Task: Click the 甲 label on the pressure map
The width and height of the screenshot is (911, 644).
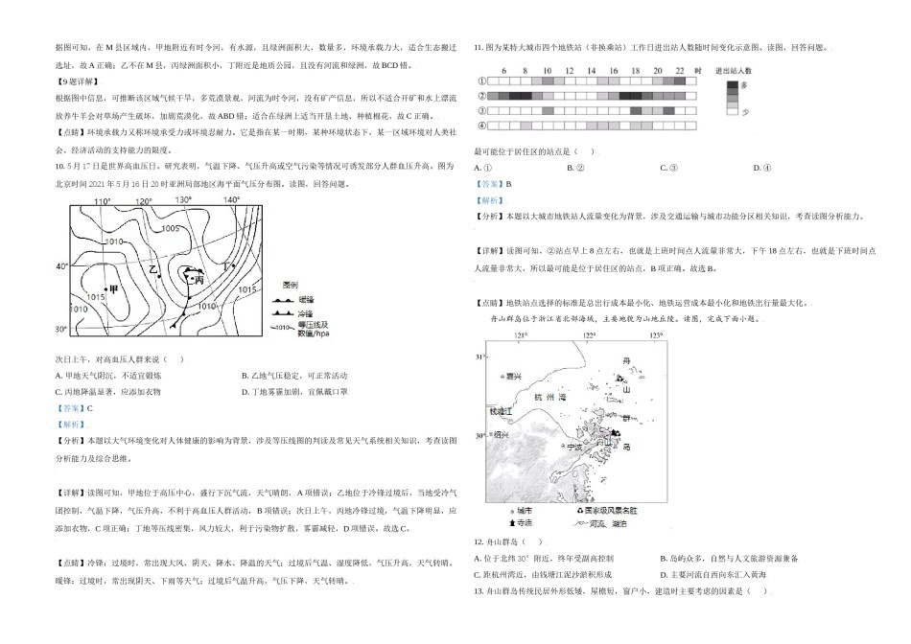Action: (114, 288)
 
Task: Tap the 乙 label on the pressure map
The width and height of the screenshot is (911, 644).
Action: (152, 269)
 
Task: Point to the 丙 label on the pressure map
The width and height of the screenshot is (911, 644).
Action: (199, 280)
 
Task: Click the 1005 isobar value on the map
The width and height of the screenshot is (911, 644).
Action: (171, 228)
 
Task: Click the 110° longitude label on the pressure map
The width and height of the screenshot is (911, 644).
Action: (104, 201)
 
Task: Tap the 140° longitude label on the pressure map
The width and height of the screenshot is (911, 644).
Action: (231, 199)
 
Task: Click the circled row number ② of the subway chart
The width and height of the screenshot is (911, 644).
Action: (481, 96)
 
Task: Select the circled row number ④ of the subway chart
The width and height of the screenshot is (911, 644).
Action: (481, 126)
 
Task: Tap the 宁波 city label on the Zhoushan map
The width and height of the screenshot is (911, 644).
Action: (574, 447)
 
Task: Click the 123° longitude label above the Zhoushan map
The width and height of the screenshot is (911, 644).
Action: (656, 336)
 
